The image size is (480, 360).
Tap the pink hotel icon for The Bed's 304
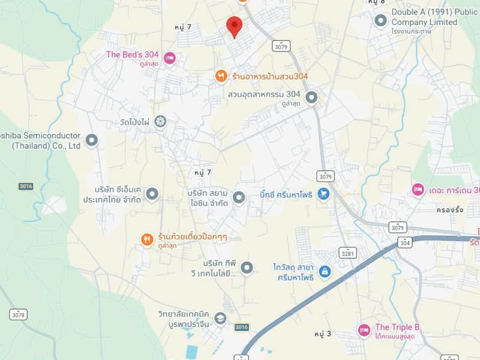tap(169, 58)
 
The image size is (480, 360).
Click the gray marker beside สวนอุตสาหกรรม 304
tap(311, 97)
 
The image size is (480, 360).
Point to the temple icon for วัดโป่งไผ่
tap(160, 122)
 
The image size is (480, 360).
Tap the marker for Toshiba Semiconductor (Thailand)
tap(91, 140)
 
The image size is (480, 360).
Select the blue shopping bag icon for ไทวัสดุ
tap(325, 272)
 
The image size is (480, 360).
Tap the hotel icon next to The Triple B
tap(364, 329)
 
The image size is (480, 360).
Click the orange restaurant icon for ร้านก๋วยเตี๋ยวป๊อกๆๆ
tap(147, 239)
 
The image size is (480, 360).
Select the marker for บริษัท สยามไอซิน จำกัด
tap(239, 197)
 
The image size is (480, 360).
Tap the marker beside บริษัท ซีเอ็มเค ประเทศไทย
tap(152, 194)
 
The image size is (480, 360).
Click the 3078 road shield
tap(19, 314)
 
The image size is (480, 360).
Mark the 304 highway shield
tap(405, 242)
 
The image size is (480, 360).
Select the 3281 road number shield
tap(347, 252)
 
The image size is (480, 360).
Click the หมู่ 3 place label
tap(323, 333)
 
